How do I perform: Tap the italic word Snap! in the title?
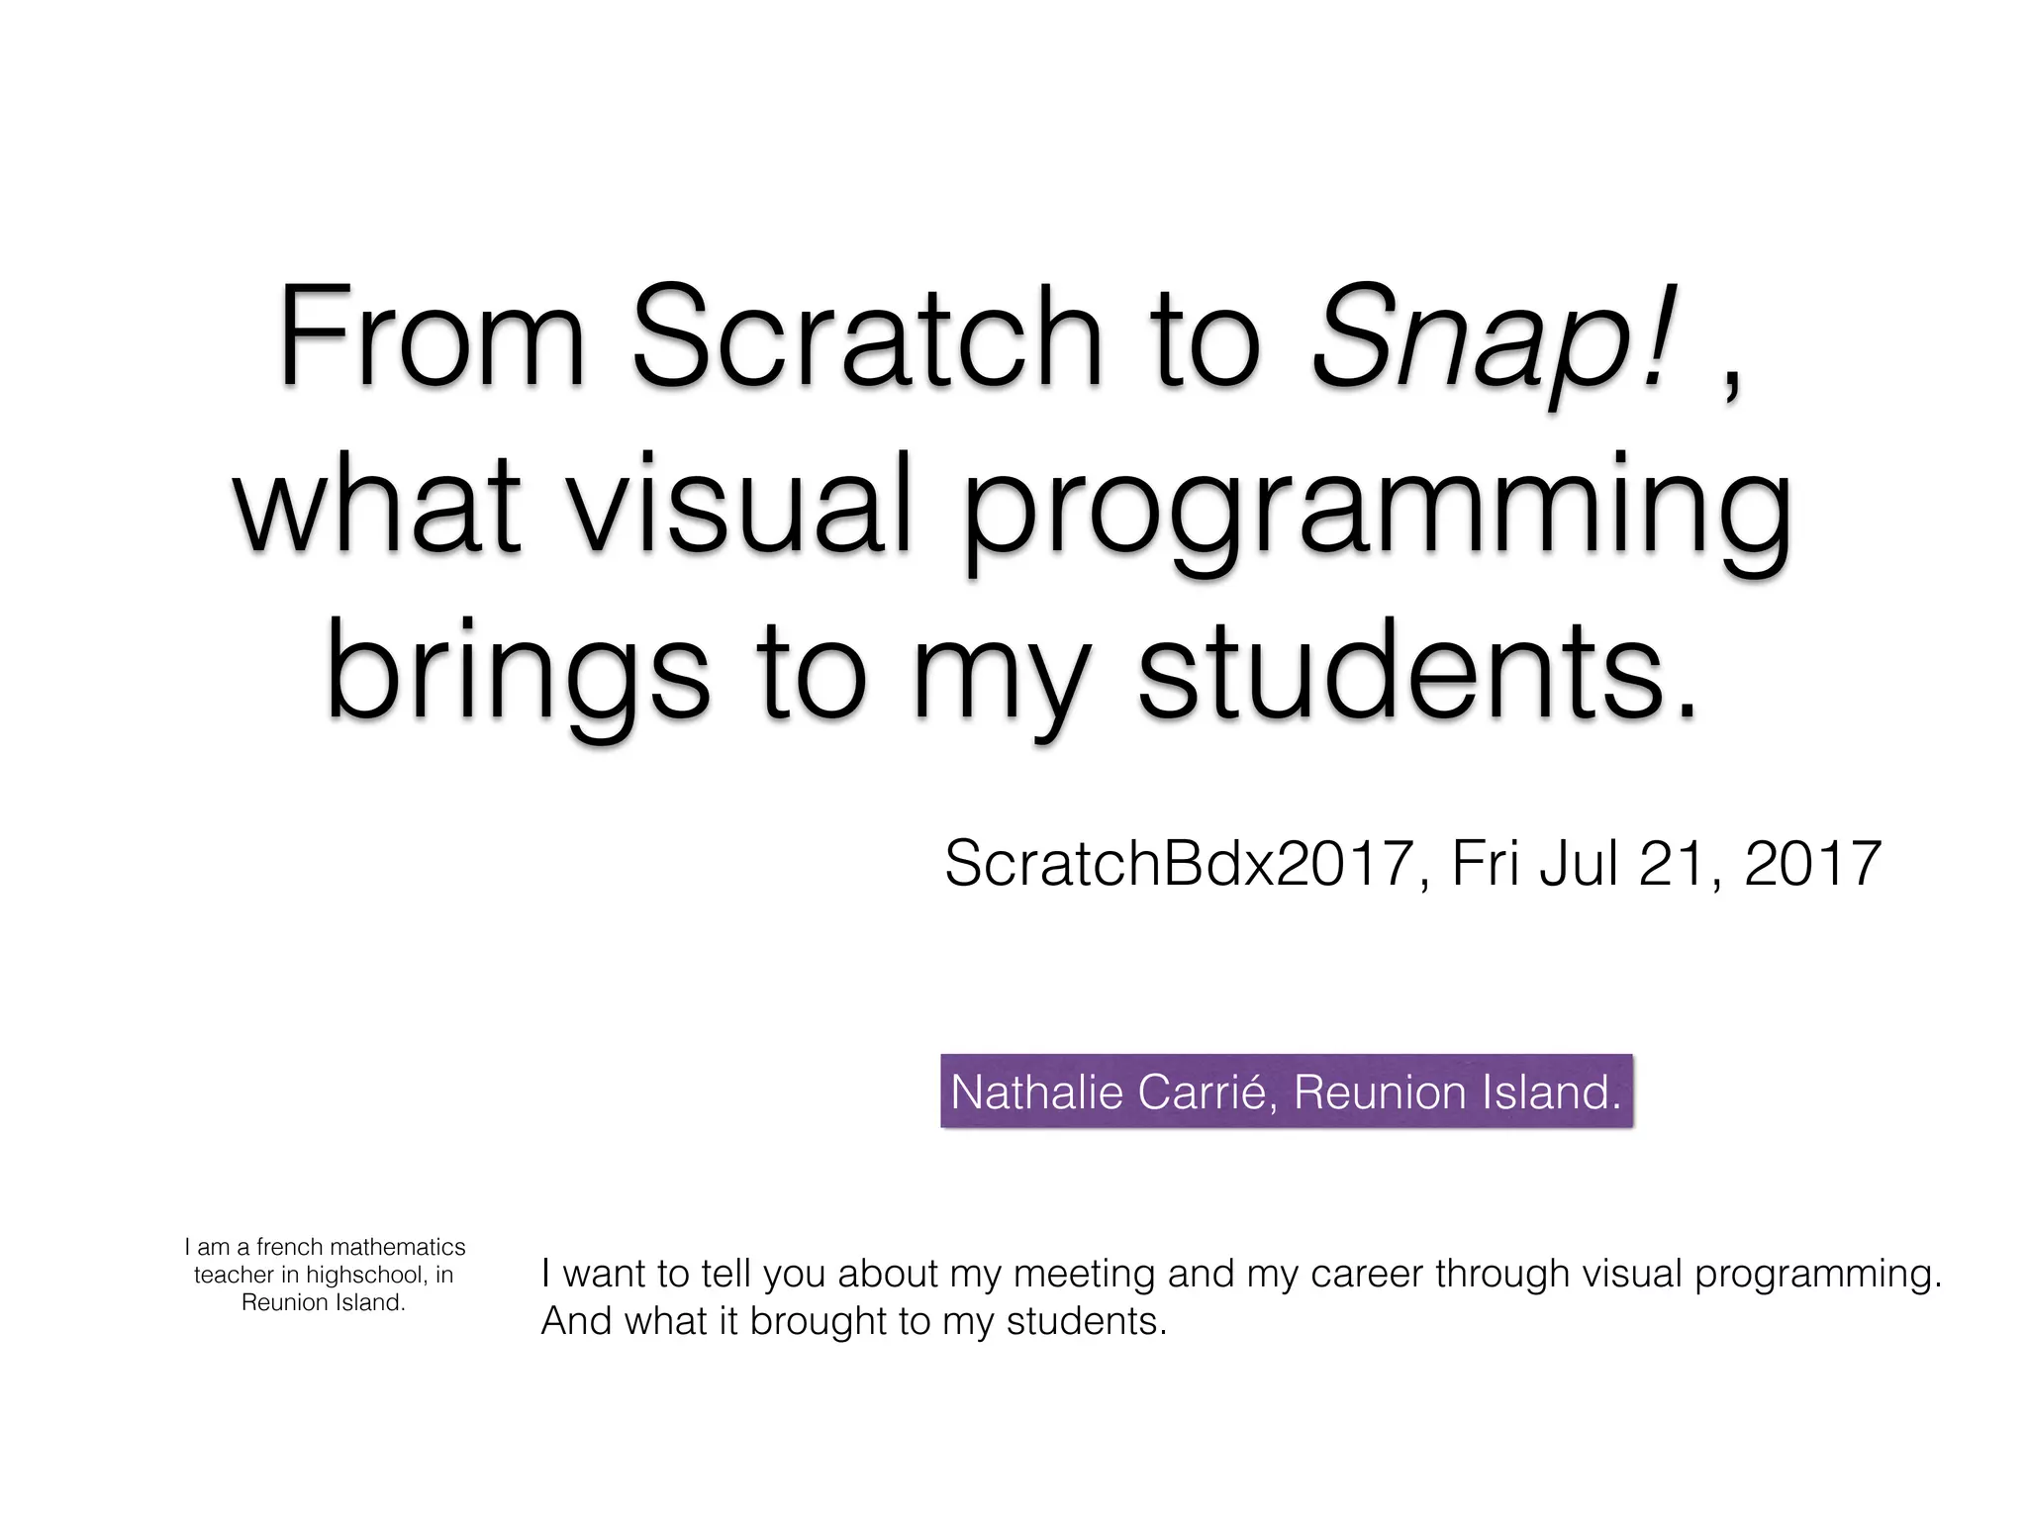pos(1496,341)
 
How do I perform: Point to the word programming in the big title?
pos(1376,515)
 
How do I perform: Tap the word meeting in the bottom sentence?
pos(1084,1274)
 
